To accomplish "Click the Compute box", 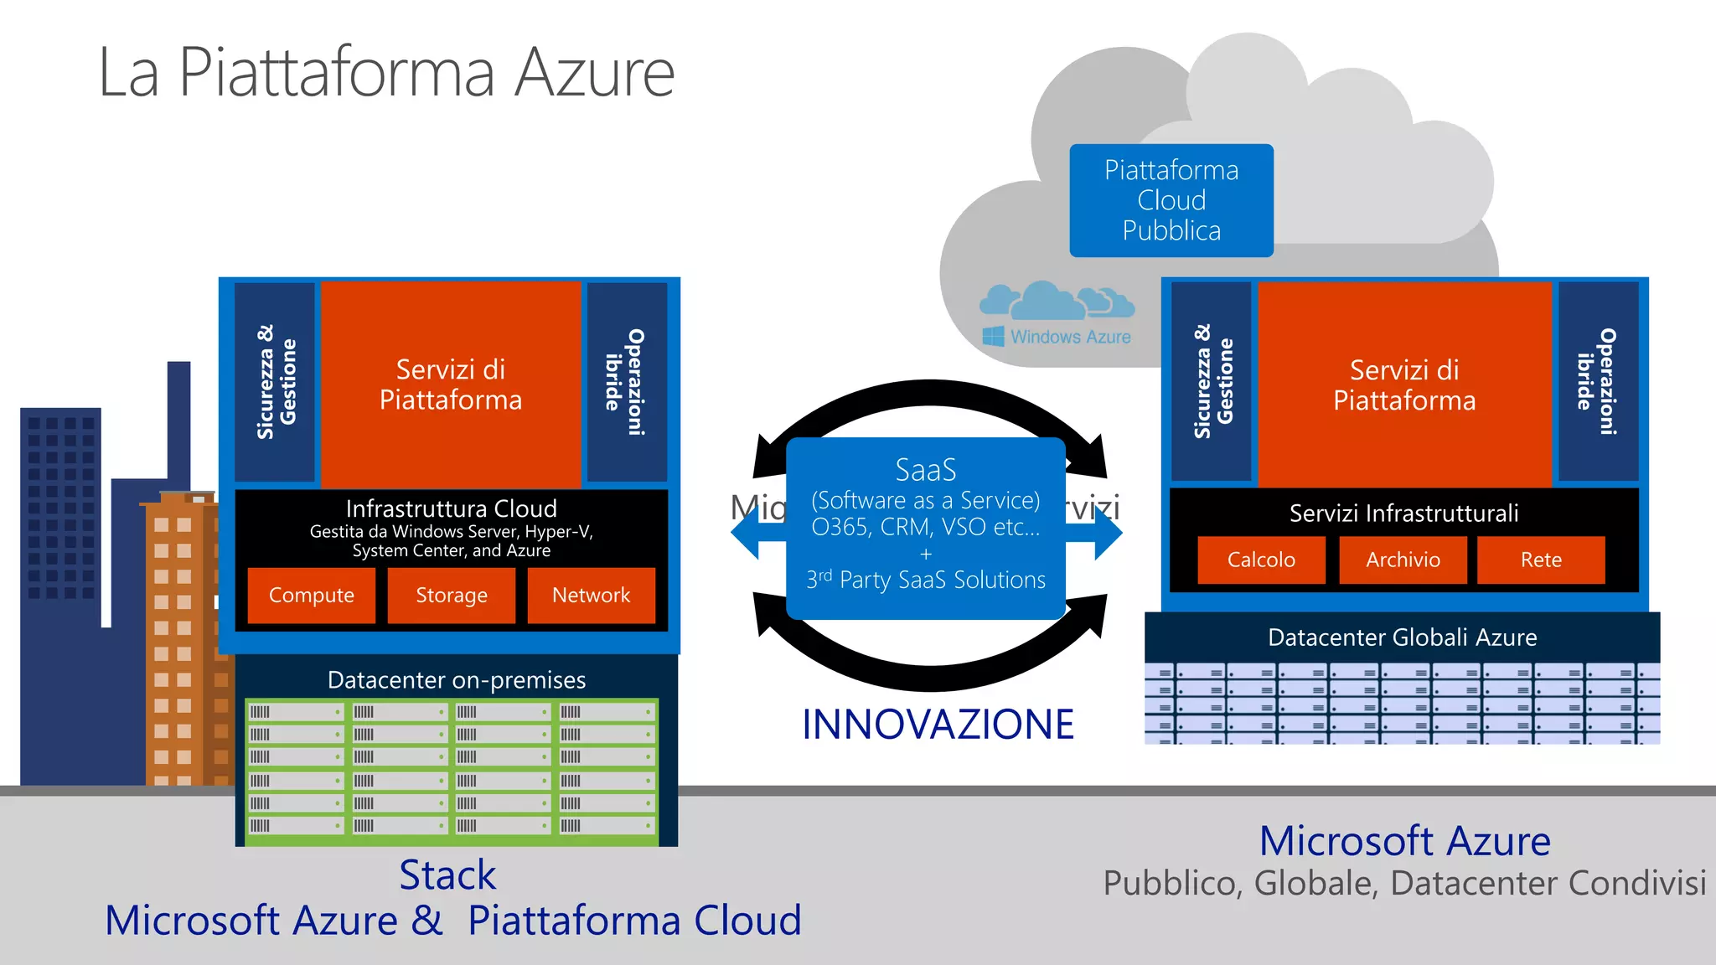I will coord(311,596).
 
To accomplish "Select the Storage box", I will coord(451,596).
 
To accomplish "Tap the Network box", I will coord(591,596).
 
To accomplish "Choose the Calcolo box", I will coord(1261,560).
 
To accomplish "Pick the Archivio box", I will coord(1403,560).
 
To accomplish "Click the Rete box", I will coord(1540,560).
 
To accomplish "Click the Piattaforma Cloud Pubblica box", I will coord(1171,200).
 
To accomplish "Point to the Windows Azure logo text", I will coord(1070,337).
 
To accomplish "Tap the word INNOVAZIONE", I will coord(938,725).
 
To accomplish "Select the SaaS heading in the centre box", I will coord(925,470).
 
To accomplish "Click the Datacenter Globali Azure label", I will coord(1402,637).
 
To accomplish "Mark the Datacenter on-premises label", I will coord(456,680).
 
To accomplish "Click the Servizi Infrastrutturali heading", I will coord(1403,513).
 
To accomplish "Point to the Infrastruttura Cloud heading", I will coord(451,508).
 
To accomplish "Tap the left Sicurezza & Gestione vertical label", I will coord(276,382).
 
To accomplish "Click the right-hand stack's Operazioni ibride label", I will coord(1596,382).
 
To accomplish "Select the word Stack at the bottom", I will coord(447,875).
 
